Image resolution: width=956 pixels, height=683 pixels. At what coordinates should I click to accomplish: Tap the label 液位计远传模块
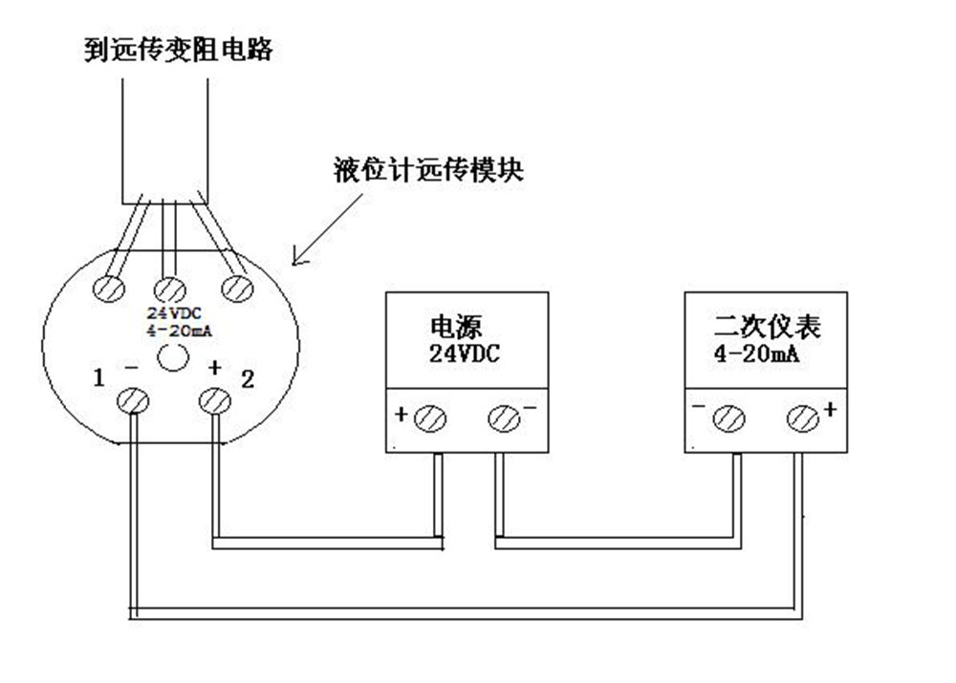coord(430,172)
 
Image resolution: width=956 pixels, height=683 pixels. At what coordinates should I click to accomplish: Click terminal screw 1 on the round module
coord(132,401)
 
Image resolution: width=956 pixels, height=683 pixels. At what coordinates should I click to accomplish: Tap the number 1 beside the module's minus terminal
coord(98,378)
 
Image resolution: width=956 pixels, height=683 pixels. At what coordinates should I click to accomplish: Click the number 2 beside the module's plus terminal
coord(248,378)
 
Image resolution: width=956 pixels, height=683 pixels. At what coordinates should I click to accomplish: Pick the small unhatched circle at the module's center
coord(171,358)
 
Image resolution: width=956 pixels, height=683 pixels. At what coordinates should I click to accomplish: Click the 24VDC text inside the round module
coord(170,312)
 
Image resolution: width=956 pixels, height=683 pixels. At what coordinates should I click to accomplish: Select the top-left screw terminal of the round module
coord(110,288)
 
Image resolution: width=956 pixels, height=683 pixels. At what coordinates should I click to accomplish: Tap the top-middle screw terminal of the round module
coord(170,287)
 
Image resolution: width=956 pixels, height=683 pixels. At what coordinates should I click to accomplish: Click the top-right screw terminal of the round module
coord(235,287)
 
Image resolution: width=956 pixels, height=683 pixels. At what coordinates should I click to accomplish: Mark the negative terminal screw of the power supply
coord(503,418)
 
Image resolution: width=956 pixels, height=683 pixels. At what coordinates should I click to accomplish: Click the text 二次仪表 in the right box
coord(768,328)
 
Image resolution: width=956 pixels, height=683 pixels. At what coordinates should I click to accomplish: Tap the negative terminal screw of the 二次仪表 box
coord(730,418)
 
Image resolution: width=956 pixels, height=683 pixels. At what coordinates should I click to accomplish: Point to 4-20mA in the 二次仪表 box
coord(756,354)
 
